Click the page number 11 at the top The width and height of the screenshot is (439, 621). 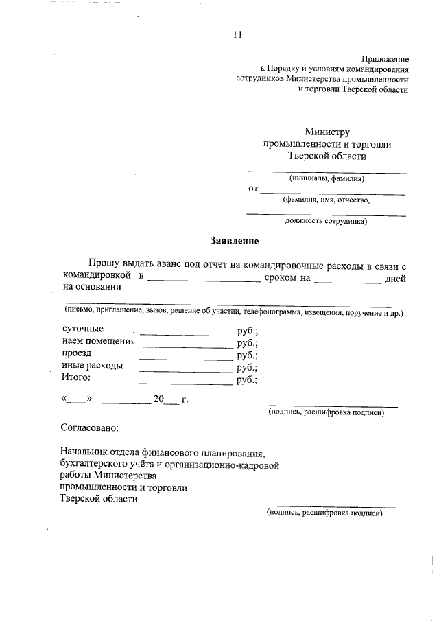[x=237, y=34]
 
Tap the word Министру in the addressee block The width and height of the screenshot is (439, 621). [x=327, y=132]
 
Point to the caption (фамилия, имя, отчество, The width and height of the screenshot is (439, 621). [x=327, y=200]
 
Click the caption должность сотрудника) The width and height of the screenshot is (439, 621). [x=327, y=222]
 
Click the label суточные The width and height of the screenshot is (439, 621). [x=83, y=329]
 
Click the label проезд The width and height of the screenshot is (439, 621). [x=76, y=353]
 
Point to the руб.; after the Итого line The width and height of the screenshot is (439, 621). [x=248, y=379]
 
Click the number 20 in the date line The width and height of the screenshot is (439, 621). [x=159, y=399]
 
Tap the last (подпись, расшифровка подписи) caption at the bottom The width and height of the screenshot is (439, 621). [x=324, y=512]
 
